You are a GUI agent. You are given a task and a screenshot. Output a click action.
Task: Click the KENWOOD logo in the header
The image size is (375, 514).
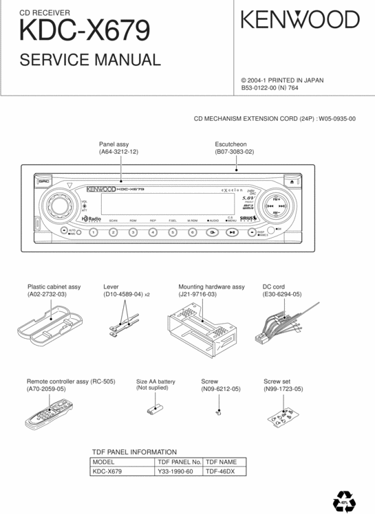[x=300, y=20]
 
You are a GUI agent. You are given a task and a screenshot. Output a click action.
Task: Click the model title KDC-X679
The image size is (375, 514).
[x=85, y=30]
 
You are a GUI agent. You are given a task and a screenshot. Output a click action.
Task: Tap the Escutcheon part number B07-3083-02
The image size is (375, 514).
[x=235, y=151]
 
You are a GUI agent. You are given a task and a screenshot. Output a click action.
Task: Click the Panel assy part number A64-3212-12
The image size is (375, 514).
[x=118, y=151]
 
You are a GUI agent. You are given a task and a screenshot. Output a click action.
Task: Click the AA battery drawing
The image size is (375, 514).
[x=154, y=410]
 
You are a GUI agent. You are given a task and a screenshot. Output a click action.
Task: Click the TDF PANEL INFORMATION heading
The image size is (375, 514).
[x=135, y=451]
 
